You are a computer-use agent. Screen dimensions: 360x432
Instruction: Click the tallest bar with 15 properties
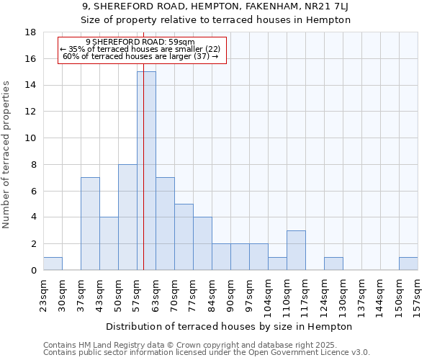coord(146,171)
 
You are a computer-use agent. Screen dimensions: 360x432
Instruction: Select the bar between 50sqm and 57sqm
coord(127,217)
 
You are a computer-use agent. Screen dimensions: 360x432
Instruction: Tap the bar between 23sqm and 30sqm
coord(53,264)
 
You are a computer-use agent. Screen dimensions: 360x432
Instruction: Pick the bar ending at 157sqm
coord(408,264)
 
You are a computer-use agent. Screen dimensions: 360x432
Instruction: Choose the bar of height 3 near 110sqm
coord(296,250)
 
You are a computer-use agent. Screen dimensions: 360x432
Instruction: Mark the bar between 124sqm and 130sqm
coord(333,264)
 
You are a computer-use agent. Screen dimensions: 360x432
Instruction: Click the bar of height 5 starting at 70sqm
coord(184,237)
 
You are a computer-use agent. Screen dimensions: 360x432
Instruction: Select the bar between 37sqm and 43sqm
coord(90,223)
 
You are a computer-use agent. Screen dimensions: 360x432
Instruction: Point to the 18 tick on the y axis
coord(30,32)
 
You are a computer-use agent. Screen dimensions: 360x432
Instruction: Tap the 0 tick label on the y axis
coord(33,271)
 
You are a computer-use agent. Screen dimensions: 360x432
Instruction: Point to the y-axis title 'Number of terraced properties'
coord(7,154)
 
